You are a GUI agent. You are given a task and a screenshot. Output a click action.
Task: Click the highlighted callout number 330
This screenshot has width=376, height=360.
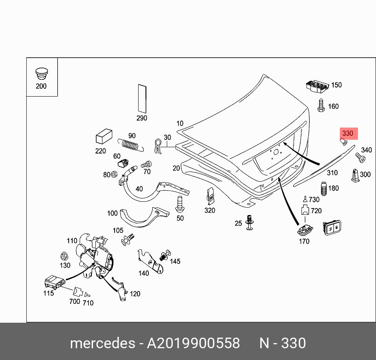click(x=347, y=133)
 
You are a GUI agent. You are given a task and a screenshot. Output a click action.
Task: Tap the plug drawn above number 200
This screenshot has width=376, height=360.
click(x=41, y=74)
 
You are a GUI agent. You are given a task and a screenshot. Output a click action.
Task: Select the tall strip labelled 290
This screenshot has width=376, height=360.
click(x=142, y=98)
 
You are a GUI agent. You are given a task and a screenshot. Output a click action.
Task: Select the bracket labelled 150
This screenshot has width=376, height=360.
click(x=316, y=86)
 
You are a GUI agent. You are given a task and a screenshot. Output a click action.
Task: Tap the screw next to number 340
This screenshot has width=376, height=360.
click(x=360, y=158)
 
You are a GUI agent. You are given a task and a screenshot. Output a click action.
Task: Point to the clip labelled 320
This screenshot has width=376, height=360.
click(x=210, y=196)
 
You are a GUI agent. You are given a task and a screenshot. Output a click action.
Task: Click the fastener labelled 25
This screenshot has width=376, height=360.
click(x=249, y=223)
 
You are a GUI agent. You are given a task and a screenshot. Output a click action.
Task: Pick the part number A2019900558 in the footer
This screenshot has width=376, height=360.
click(x=193, y=344)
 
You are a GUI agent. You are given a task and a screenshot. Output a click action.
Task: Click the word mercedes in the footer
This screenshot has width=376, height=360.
click(x=102, y=344)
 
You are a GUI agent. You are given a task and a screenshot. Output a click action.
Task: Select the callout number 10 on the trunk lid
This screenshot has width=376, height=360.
click(x=180, y=123)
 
